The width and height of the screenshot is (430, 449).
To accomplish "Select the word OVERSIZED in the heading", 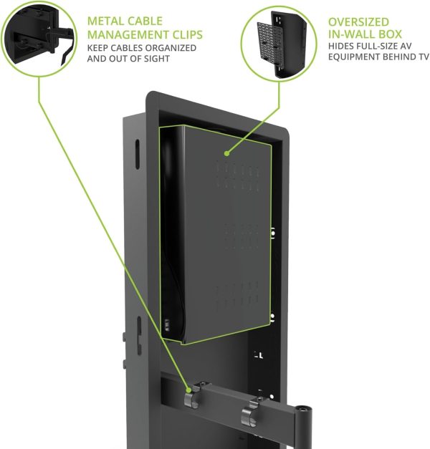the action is (358, 22).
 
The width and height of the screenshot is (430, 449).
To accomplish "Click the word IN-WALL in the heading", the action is (351, 34).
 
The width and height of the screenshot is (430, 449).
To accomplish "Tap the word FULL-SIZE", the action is (378, 46).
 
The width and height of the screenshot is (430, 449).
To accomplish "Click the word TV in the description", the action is (423, 57).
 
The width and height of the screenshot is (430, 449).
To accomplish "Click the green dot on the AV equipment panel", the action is (226, 153).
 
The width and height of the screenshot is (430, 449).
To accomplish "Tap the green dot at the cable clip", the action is (188, 390).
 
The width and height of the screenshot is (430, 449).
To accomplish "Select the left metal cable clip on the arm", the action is (192, 397).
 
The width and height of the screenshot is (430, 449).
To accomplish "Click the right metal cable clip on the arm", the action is (249, 414).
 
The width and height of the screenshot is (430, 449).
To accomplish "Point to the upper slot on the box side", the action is (138, 154).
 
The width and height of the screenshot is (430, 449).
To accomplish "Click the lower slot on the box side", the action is (139, 336).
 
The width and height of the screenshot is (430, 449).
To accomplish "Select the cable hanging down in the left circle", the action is (67, 52).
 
